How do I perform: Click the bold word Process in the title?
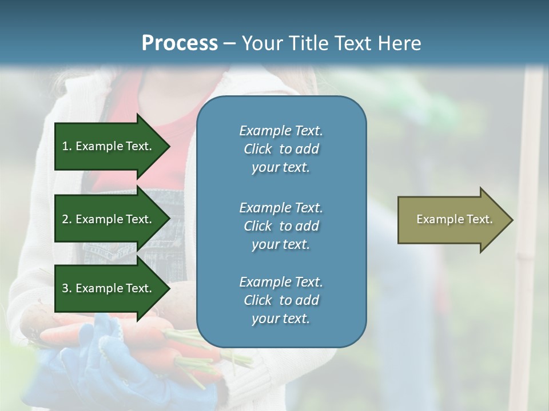point(180,43)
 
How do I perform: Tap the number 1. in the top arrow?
point(67,146)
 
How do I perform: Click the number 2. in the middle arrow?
point(67,219)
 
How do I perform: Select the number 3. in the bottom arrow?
point(67,288)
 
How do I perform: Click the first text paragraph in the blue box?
point(281,149)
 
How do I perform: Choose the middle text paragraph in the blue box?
point(281,225)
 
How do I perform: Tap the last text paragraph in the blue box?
point(281,300)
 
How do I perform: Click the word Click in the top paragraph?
point(258,149)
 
